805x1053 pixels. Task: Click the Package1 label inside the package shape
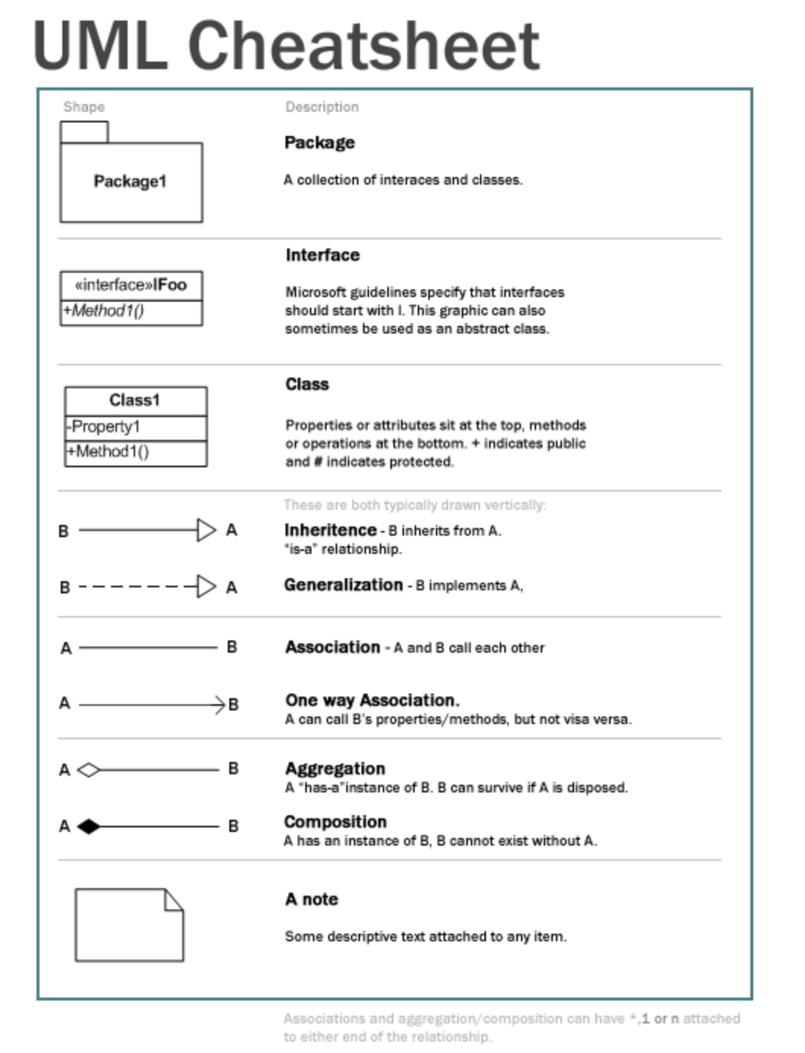(x=130, y=182)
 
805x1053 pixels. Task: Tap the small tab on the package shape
(x=84, y=132)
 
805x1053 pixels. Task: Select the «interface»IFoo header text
(x=131, y=285)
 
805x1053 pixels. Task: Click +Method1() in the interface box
(x=104, y=311)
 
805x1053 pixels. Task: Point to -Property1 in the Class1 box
(x=103, y=427)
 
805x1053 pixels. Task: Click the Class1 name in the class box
(x=134, y=400)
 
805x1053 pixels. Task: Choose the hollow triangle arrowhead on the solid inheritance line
(x=206, y=530)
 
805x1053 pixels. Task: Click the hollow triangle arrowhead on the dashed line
(x=206, y=587)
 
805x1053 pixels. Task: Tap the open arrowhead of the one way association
(x=220, y=705)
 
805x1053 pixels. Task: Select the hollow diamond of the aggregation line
(x=89, y=770)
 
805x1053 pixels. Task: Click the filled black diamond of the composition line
(x=89, y=827)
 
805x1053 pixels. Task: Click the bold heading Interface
(x=323, y=255)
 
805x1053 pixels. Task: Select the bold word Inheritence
(x=330, y=530)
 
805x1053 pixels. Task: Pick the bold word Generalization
(x=343, y=585)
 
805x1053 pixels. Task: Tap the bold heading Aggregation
(x=335, y=769)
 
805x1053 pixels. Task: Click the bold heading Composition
(x=335, y=822)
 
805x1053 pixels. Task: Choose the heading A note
(x=311, y=900)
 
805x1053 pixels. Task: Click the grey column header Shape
(x=84, y=107)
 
